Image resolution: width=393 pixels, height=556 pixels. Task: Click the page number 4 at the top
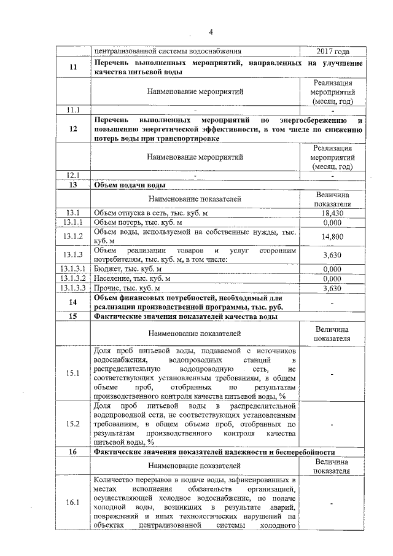tap(209, 32)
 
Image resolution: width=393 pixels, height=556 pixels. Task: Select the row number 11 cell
tap(73, 68)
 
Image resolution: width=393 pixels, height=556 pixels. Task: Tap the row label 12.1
tap(73, 176)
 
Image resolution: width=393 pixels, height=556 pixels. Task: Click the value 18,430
tap(332, 213)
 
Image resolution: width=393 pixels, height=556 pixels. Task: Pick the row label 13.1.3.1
tap(73, 268)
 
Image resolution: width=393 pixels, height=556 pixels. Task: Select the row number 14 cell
tap(73, 302)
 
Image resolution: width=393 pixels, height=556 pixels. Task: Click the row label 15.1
tap(73, 373)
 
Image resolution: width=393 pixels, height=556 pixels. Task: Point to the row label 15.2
tap(73, 424)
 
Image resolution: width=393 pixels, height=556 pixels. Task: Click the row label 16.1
tap(73, 503)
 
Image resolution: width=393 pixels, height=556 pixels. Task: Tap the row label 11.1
tap(73, 109)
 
